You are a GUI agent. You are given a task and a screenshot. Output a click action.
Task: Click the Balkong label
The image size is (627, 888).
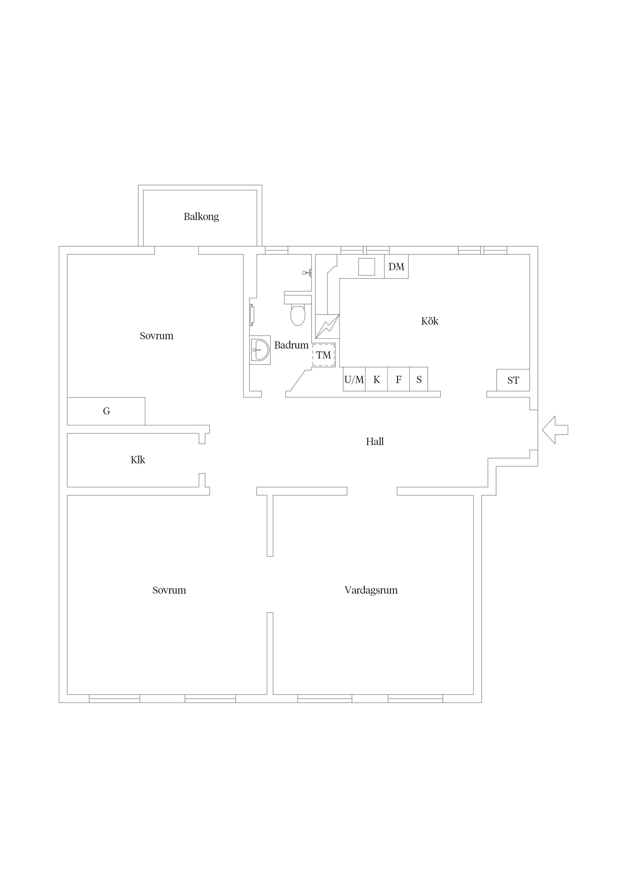[201, 216]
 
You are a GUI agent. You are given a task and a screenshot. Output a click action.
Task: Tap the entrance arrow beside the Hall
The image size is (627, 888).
[555, 430]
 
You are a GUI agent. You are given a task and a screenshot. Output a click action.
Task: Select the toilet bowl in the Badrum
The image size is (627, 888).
[297, 315]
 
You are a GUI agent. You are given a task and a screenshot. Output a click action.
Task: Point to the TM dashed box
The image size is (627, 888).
[324, 355]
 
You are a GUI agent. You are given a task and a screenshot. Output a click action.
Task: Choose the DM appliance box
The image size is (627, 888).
[396, 266]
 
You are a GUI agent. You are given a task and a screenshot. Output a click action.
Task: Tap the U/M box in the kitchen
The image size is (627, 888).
[354, 379]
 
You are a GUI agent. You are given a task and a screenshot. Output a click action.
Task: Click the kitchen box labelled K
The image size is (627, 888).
[376, 379]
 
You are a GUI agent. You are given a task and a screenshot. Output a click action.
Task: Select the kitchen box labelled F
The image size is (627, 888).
[398, 379]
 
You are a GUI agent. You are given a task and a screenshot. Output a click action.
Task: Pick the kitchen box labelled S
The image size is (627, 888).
[419, 379]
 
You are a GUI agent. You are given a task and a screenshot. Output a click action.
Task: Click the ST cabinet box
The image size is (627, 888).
[513, 380]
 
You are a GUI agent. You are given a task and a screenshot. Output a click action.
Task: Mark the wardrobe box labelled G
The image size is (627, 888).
[106, 411]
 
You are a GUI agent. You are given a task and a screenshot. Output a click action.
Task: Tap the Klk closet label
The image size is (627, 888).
[138, 460]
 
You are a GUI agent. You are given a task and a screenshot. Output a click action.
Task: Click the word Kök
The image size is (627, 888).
[429, 321]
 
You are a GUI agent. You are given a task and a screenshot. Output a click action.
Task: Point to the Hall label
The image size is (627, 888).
[375, 441]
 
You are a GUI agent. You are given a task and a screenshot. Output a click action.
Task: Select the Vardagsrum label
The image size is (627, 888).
[371, 590]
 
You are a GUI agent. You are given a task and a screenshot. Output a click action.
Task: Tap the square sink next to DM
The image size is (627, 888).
[367, 266]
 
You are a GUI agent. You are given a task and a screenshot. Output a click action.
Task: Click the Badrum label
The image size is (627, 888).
[291, 345]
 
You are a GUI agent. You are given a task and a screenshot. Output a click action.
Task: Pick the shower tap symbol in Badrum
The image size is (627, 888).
[307, 273]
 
